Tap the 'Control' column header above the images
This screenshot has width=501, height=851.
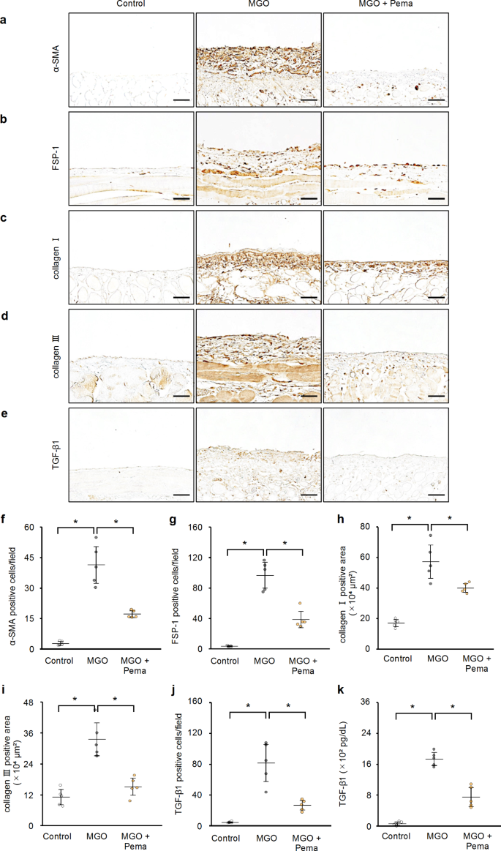point(131,5)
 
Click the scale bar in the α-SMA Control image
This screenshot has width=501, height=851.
point(181,98)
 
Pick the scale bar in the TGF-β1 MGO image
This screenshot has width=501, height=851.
point(309,495)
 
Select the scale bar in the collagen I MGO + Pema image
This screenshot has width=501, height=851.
point(436,298)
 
